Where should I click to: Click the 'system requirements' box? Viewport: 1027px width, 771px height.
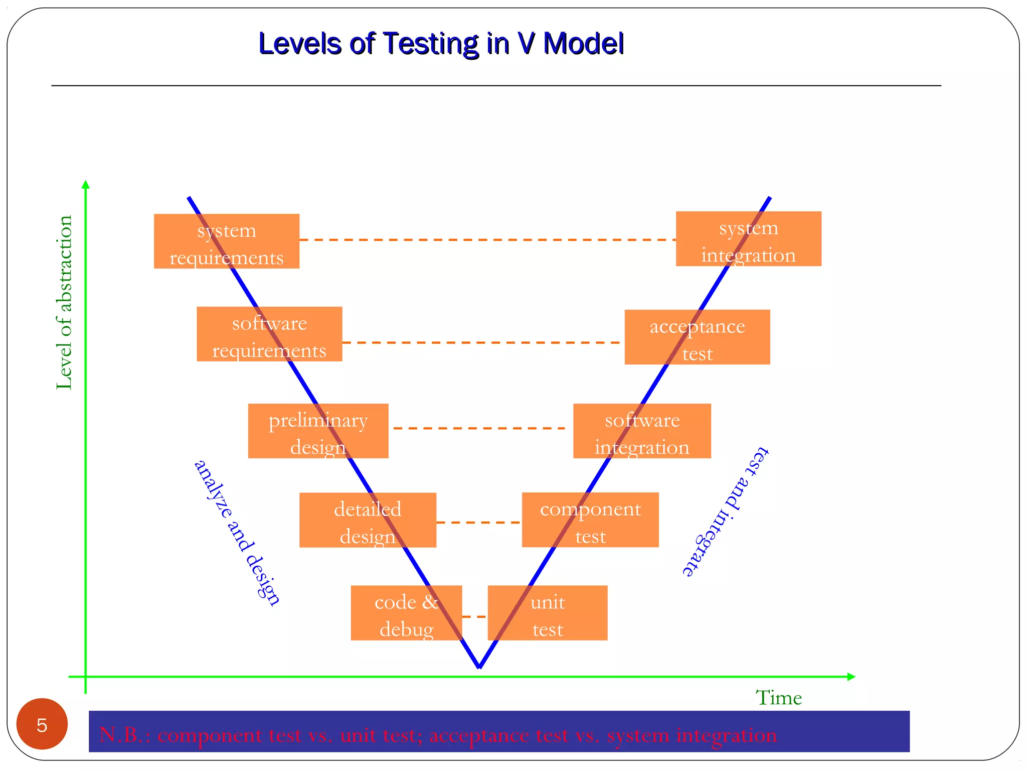(x=226, y=241)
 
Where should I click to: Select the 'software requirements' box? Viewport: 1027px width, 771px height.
(x=269, y=334)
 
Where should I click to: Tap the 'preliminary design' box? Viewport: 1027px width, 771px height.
(x=318, y=431)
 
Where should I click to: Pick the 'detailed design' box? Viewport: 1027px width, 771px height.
(x=368, y=520)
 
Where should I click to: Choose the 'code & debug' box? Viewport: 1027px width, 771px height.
(x=406, y=613)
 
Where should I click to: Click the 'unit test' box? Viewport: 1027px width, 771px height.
(x=548, y=613)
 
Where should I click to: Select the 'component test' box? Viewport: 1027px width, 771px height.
(x=590, y=520)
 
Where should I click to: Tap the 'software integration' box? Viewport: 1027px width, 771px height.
(x=642, y=431)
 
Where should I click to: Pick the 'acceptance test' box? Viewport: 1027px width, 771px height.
(x=697, y=337)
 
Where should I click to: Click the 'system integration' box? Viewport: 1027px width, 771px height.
(x=748, y=239)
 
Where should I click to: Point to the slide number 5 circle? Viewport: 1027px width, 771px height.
(x=42, y=724)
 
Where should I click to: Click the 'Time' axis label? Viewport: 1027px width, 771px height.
(x=778, y=698)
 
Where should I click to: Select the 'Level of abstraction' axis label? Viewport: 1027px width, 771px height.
(x=64, y=302)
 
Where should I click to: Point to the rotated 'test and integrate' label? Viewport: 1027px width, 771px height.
(x=725, y=511)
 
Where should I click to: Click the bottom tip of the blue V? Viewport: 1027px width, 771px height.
(x=479, y=667)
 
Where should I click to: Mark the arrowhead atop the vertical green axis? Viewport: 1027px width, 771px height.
(x=86, y=184)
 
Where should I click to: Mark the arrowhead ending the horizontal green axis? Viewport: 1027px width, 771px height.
(x=851, y=677)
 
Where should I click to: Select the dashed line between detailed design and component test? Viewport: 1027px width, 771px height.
(x=479, y=523)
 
